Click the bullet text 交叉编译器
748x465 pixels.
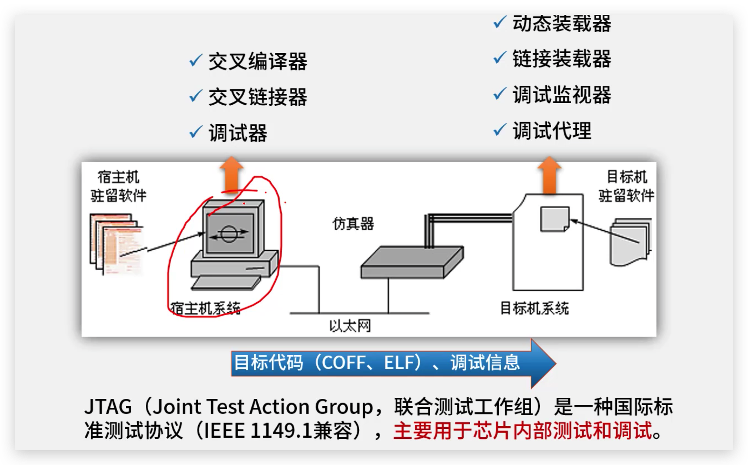click(x=257, y=61)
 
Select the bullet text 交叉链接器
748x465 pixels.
click(x=257, y=97)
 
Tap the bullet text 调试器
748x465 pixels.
click(x=238, y=133)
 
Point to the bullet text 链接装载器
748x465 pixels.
click(x=562, y=59)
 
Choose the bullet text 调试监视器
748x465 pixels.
click(x=562, y=95)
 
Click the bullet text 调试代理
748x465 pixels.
click(x=552, y=131)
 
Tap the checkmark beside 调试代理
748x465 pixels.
click(x=499, y=130)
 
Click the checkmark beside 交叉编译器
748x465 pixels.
click(x=195, y=60)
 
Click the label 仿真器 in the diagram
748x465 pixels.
click(x=353, y=224)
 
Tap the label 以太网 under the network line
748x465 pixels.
click(x=350, y=326)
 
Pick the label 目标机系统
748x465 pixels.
click(x=534, y=308)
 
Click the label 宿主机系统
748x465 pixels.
click(x=205, y=308)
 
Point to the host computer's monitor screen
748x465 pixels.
click(x=229, y=234)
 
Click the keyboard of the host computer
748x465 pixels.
click(x=226, y=283)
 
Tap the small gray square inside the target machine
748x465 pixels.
click(x=555, y=219)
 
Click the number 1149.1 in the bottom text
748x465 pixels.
click(x=281, y=431)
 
